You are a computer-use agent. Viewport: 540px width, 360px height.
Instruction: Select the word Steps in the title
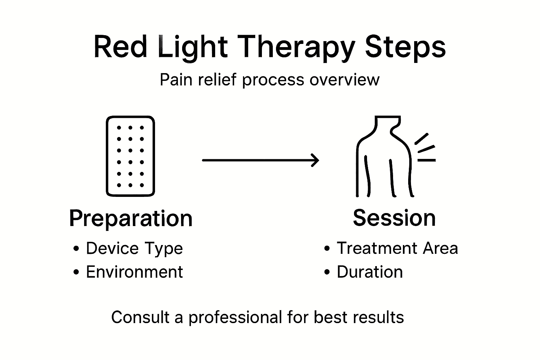tap(405, 47)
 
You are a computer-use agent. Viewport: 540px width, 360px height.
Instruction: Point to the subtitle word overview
tap(344, 80)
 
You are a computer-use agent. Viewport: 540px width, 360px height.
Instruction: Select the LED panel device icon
tap(130, 156)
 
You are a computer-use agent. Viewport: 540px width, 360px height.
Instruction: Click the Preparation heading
tap(131, 219)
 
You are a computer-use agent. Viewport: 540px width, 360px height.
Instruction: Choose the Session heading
tap(394, 218)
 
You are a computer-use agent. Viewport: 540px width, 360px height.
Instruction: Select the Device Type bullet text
tap(134, 249)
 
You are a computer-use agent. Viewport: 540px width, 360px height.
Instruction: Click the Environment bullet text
tap(134, 272)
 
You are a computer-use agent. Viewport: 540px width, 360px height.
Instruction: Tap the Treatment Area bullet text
tap(397, 248)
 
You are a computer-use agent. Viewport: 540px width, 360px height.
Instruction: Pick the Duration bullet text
tap(369, 272)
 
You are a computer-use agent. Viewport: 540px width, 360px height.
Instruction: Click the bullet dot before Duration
tap(327, 272)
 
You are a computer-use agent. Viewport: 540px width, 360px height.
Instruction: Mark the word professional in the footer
tap(235, 317)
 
